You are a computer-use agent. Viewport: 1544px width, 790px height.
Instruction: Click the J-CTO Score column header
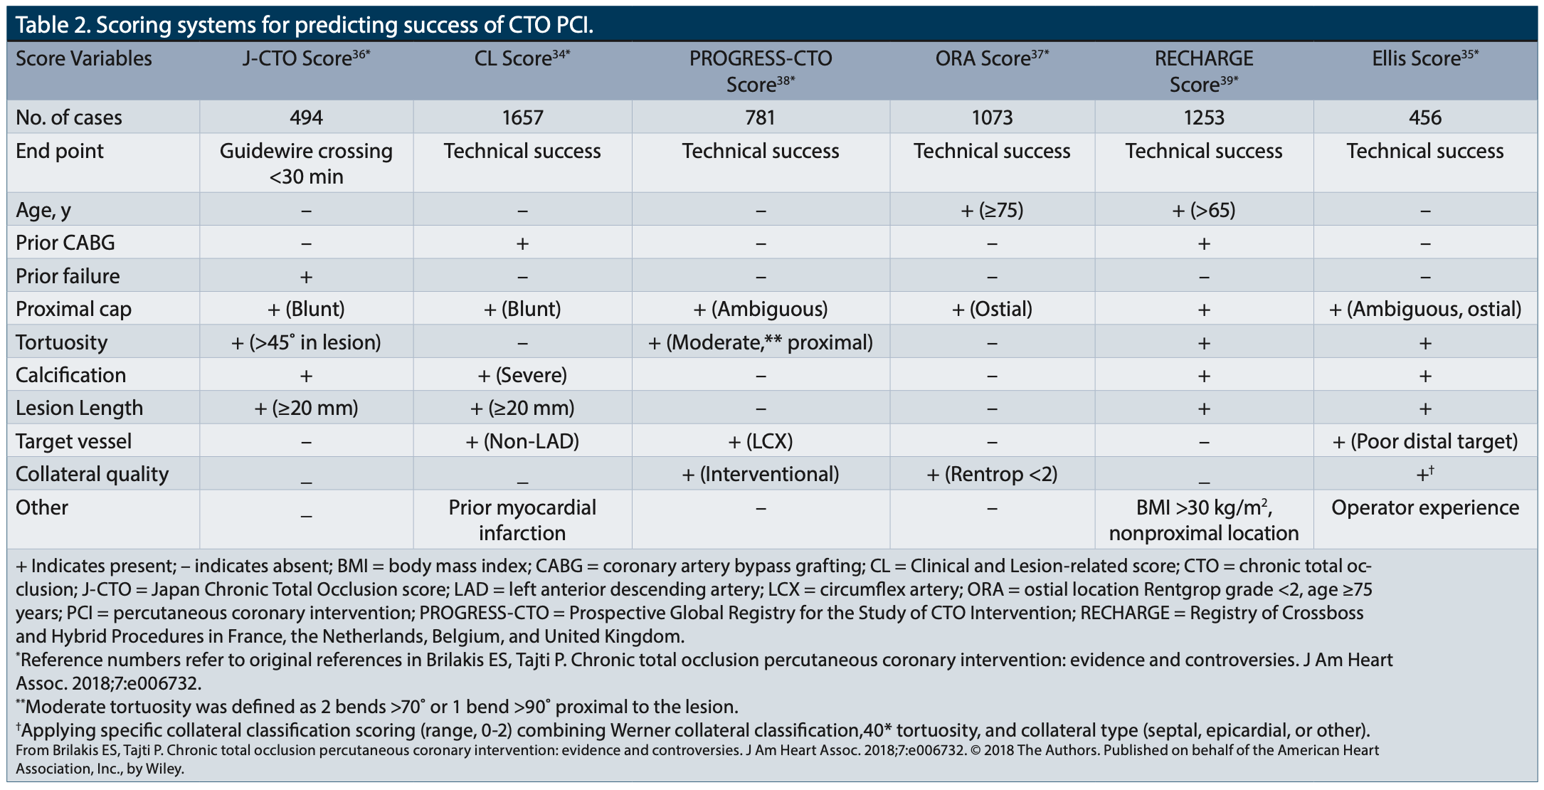click(x=306, y=58)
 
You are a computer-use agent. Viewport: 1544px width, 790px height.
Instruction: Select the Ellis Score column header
click(x=1424, y=58)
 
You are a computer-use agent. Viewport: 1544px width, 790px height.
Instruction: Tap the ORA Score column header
click(x=992, y=58)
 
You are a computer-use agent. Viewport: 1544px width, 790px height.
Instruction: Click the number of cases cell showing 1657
click(x=522, y=117)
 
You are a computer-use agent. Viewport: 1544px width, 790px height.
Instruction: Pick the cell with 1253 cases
click(x=1203, y=117)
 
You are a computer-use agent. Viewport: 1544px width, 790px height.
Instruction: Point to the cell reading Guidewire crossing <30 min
click(x=306, y=164)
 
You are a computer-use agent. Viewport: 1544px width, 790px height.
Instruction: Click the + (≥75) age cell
click(x=992, y=210)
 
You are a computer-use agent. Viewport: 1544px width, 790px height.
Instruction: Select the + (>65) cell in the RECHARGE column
click(x=1203, y=210)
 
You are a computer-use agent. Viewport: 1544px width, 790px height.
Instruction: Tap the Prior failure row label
click(x=68, y=276)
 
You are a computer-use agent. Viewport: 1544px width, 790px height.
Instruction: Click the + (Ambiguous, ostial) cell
click(x=1424, y=309)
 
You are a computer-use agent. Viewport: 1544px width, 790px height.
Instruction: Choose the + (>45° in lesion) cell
click(x=306, y=342)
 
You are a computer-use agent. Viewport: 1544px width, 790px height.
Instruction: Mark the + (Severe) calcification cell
click(x=522, y=375)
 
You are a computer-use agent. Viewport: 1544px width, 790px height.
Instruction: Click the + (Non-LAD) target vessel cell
click(x=522, y=441)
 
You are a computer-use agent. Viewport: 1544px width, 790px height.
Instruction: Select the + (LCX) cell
click(x=760, y=441)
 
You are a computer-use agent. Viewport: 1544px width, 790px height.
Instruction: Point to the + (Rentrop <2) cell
click(x=992, y=474)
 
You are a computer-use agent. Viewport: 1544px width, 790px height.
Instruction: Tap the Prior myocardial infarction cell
click(x=522, y=520)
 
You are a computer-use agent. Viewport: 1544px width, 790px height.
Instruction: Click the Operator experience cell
click(x=1424, y=507)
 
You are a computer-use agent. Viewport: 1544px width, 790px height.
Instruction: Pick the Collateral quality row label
click(x=92, y=474)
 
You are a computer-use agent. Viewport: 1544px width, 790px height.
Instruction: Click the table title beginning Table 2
click(x=305, y=25)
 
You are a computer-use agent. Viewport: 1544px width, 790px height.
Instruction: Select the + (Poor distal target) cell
click(x=1424, y=441)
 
